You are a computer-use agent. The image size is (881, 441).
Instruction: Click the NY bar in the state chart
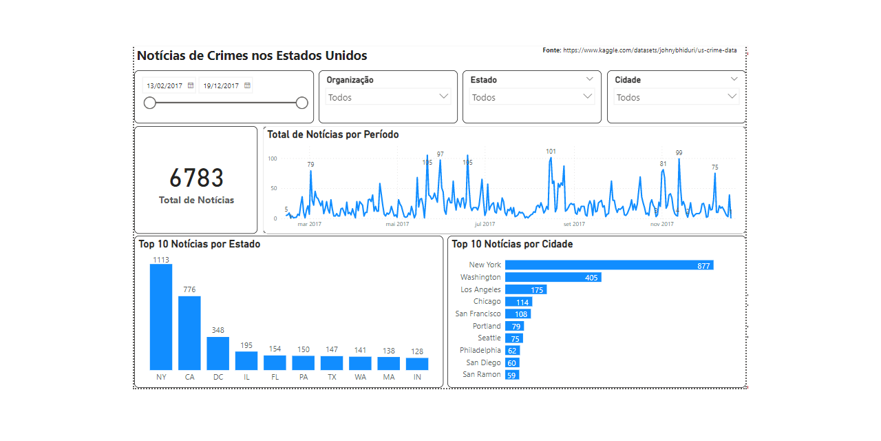coord(161,317)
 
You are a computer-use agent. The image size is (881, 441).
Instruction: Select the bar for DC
coord(217,353)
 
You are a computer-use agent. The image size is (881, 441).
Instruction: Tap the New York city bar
coord(608,265)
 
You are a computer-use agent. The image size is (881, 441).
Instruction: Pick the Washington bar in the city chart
coord(553,277)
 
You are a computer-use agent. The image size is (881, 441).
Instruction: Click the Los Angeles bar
coord(524,289)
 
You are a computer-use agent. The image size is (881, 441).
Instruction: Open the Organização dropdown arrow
coord(444,97)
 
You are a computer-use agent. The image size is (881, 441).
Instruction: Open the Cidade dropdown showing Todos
coord(732,97)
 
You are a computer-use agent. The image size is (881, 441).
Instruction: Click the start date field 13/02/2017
coord(164,86)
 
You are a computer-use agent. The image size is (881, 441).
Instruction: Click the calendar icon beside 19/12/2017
coord(248,86)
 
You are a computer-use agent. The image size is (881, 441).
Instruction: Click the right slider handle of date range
coord(301,103)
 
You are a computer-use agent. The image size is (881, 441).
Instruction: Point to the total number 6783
coord(196,178)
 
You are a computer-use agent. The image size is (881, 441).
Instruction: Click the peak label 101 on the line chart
coord(551,152)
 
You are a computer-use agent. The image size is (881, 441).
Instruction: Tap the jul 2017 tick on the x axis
coord(485,224)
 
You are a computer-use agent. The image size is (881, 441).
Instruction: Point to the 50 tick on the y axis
coord(273,188)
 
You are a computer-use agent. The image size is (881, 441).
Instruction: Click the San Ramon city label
coord(482,375)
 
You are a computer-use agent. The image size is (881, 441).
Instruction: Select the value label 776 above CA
coord(189,289)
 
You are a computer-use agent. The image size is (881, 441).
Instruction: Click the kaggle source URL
coord(650,50)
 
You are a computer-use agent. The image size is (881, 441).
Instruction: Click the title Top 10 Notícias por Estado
coord(200,244)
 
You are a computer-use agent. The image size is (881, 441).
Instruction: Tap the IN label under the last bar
coord(417,377)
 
